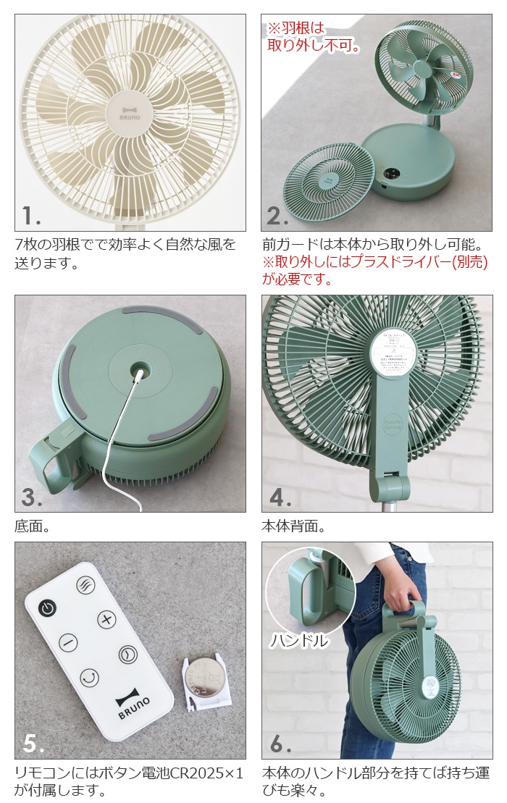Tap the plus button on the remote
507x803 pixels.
point(106,619)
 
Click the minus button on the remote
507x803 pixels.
point(67,642)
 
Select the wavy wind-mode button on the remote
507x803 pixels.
point(86,586)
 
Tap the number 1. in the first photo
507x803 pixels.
point(31,215)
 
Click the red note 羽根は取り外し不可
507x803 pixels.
point(313,37)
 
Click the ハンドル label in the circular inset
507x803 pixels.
point(299,640)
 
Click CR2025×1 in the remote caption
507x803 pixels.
point(198,773)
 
